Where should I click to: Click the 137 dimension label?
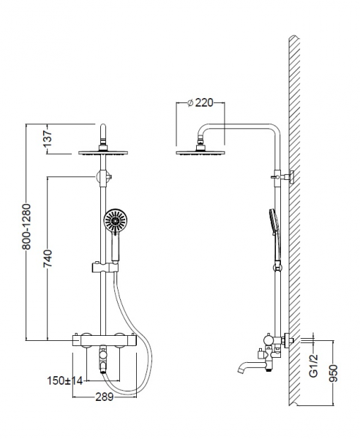pos(48,138)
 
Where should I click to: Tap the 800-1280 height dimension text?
pos(26,227)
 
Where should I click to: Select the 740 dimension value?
pos(48,258)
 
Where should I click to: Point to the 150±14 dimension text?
pos(65,380)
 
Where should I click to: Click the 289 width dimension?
pos(105,397)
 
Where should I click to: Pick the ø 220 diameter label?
pos(200,102)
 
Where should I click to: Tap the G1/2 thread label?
pos(313,365)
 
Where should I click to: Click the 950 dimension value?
pos(333,373)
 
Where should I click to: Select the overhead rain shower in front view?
pos(103,153)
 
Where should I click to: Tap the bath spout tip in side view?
pos(240,370)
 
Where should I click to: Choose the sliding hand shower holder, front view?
pos(105,267)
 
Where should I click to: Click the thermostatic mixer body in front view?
pos(105,340)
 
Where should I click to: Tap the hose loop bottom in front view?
pos(127,393)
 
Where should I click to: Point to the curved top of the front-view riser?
pos(103,127)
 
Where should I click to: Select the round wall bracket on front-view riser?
pos(102,177)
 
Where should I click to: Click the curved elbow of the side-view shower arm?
pos(202,130)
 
